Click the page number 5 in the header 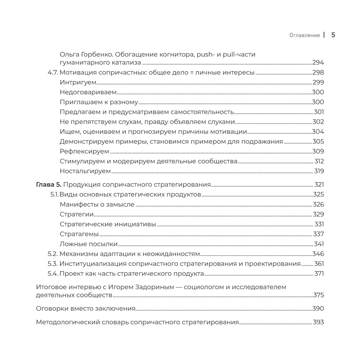(x=333, y=35)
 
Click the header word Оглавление (x=304, y=35)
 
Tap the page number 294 (x=318, y=62)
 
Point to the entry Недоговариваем (x=88, y=92)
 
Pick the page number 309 (x=318, y=151)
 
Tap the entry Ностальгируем (x=85, y=171)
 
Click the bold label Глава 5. (x=49, y=185)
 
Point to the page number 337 (x=319, y=234)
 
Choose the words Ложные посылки (x=84, y=244)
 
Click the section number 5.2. (x=53, y=254)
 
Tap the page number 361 (x=319, y=264)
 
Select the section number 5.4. (x=53, y=274)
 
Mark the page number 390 (x=318, y=309)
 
